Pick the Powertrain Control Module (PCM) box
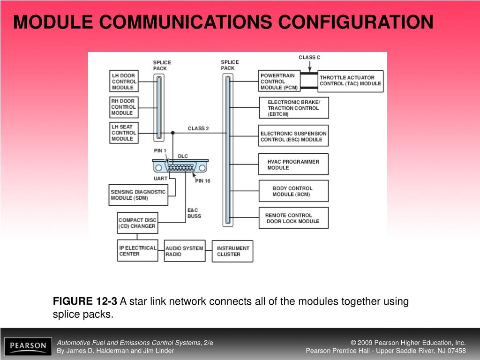point(279,81)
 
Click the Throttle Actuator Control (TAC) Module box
point(351,81)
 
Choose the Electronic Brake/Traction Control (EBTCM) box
point(294,108)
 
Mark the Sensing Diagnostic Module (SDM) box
point(138,195)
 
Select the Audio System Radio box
point(185,251)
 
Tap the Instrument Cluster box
point(232,251)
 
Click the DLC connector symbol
point(180,167)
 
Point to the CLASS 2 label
point(198,128)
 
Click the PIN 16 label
point(202,181)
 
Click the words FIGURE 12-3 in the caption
point(85,301)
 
